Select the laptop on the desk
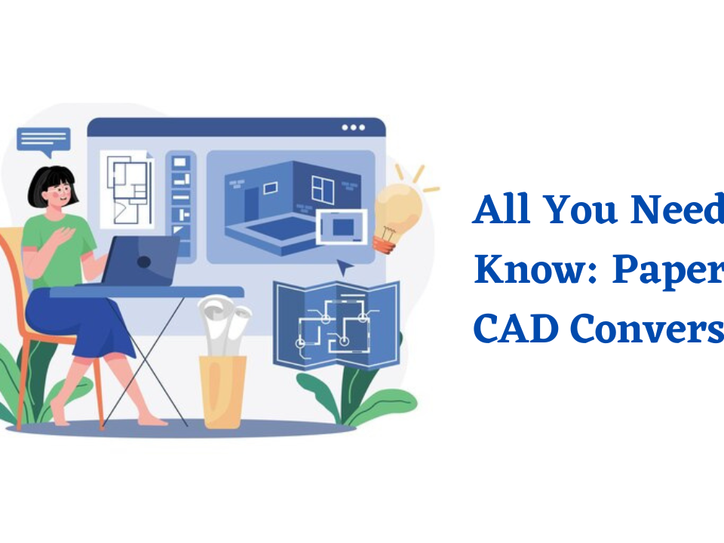tap(140, 260)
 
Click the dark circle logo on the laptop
tap(143, 262)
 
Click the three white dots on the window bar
tap(353, 127)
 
